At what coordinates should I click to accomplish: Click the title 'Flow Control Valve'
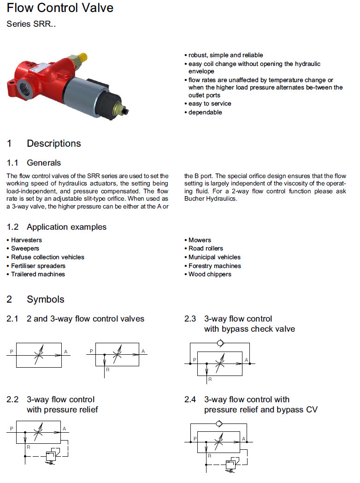click(x=60, y=8)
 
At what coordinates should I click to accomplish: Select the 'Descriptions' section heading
click(x=53, y=143)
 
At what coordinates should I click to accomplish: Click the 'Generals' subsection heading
click(x=44, y=163)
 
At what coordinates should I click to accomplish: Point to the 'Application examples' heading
click(x=66, y=227)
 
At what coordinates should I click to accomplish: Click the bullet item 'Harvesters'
click(x=26, y=240)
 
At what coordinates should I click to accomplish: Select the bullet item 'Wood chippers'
click(x=210, y=274)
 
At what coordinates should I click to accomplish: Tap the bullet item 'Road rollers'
click(x=206, y=248)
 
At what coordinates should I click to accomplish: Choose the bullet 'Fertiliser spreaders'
click(x=38, y=266)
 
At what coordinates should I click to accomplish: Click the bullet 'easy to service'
click(x=210, y=103)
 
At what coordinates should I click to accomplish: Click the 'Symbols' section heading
click(x=46, y=299)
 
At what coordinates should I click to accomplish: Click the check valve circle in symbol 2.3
click(x=221, y=343)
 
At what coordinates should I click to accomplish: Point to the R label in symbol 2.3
click(x=210, y=379)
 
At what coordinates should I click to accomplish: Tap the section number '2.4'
click(x=190, y=400)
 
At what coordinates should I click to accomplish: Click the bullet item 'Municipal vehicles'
click(x=214, y=257)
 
